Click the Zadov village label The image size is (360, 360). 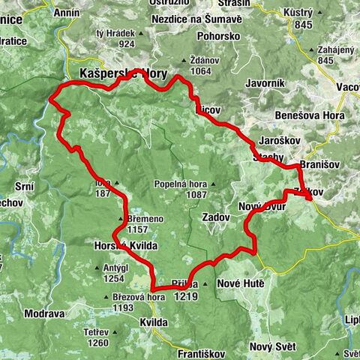(216, 216)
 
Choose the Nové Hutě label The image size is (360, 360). (238, 285)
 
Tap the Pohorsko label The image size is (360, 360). (218, 35)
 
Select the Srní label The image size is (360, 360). (24, 184)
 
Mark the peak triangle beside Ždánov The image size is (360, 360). (184, 61)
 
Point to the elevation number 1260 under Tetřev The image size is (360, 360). (98, 343)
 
